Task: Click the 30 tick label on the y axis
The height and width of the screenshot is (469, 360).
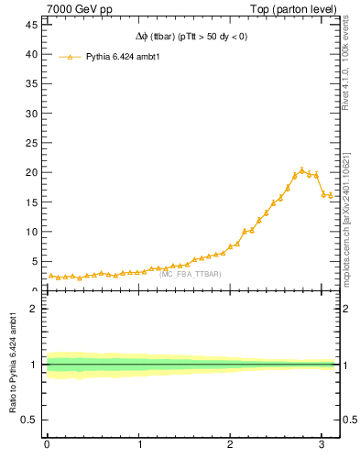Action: [31, 114]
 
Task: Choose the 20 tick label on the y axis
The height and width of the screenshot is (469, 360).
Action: [31, 172]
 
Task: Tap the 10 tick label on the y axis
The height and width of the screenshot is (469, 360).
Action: [31, 232]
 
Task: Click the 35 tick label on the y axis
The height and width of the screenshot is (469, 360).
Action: [31, 84]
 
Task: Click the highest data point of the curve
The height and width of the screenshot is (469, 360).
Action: [301, 169]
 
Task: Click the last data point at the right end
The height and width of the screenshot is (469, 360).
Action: [330, 195]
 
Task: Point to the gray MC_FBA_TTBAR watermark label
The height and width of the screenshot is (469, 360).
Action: [190, 274]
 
